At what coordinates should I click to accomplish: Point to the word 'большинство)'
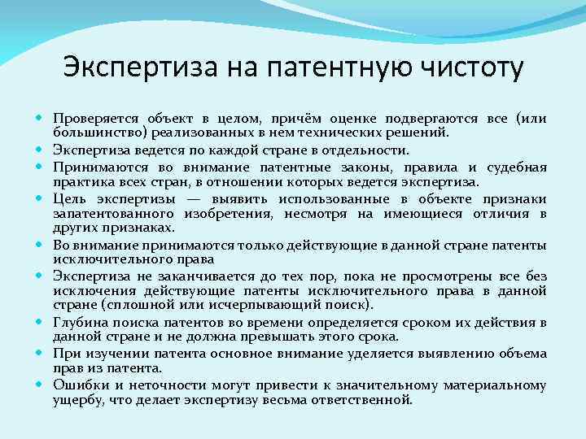pyautogui.click(x=94, y=132)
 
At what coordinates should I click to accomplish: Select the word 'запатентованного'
pyautogui.click(x=112, y=214)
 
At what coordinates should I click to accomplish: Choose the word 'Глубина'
pyautogui.click(x=79, y=323)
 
